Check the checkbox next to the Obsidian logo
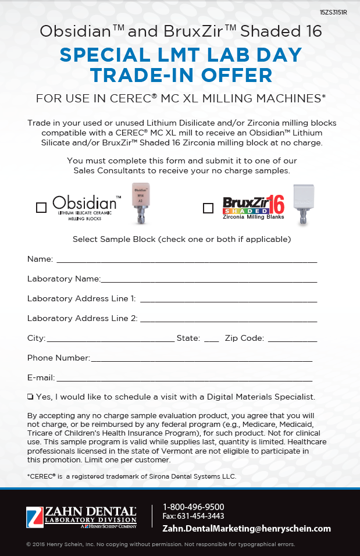click(x=41, y=208)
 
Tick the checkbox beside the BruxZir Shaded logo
click(x=208, y=208)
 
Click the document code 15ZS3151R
click(x=333, y=12)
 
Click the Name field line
click(x=186, y=260)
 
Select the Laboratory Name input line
click(x=209, y=280)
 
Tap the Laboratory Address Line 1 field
click(x=229, y=300)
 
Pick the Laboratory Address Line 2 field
click(x=229, y=319)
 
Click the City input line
click(x=111, y=339)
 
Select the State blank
click(x=212, y=339)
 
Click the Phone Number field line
click(x=201, y=359)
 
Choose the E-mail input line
click(x=184, y=379)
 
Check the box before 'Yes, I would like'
click(x=30, y=397)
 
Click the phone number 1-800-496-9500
click(x=193, y=507)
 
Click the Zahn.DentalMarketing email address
click(x=247, y=528)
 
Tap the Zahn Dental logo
click(x=81, y=516)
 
